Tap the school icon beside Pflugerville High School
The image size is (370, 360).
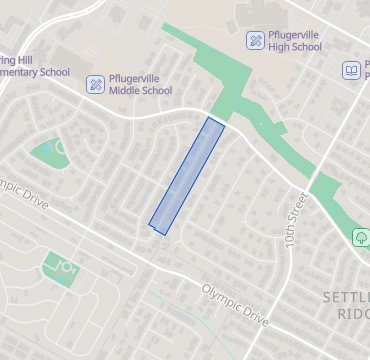click(256, 40)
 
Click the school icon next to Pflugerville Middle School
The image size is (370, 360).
click(95, 84)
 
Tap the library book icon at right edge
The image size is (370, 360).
click(351, 70)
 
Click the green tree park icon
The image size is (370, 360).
click(360, 238)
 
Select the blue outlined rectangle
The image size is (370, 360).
click(187, 175)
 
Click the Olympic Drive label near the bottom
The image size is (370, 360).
click(235, 305)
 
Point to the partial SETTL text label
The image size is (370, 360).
click(346, 298)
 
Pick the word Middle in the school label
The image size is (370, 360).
click(133, 91)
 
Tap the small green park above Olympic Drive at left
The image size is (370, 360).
click(48, 151)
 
